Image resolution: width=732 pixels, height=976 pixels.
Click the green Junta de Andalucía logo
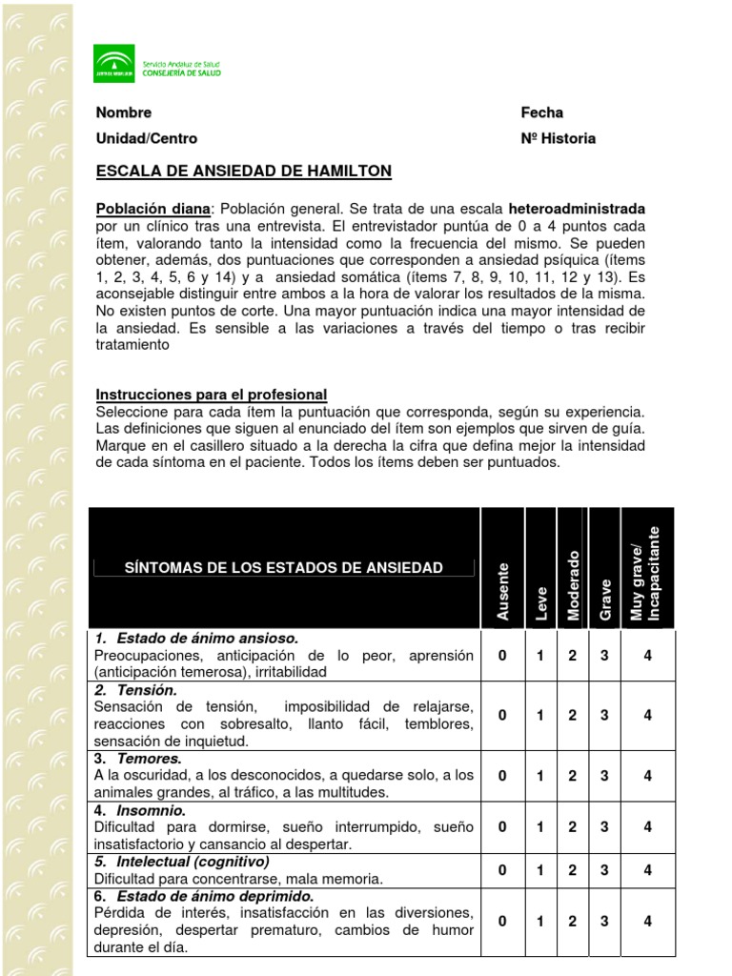coord(113,64)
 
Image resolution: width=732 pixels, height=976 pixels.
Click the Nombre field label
coord(124,112)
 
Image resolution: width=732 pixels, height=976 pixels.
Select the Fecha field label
coord(541,112)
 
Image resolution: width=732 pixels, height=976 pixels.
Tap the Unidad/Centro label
coord(147,138)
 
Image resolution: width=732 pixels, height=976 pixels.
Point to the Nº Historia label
coord(558,138)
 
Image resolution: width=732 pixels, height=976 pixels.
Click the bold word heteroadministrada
coord(577,208)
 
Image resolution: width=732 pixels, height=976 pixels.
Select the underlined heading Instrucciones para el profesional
coord(212,395)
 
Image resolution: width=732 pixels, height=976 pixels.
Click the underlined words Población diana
coord(152,208)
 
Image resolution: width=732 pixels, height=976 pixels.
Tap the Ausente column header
coord(503,591)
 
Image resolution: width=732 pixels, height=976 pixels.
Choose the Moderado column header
coord(573,585)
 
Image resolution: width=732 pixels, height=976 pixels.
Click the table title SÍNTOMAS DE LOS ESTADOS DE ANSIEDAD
coord(284,568)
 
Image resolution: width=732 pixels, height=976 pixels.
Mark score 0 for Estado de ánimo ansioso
coord(502,655)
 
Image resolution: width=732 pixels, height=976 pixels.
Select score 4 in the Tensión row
coord(647,716)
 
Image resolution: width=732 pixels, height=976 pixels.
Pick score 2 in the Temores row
coord(572,776)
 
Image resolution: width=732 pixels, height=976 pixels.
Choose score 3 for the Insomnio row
coord(604,827)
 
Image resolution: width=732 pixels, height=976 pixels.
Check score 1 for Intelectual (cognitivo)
coord(539,870)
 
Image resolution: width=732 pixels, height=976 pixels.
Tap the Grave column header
coord(604,599)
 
